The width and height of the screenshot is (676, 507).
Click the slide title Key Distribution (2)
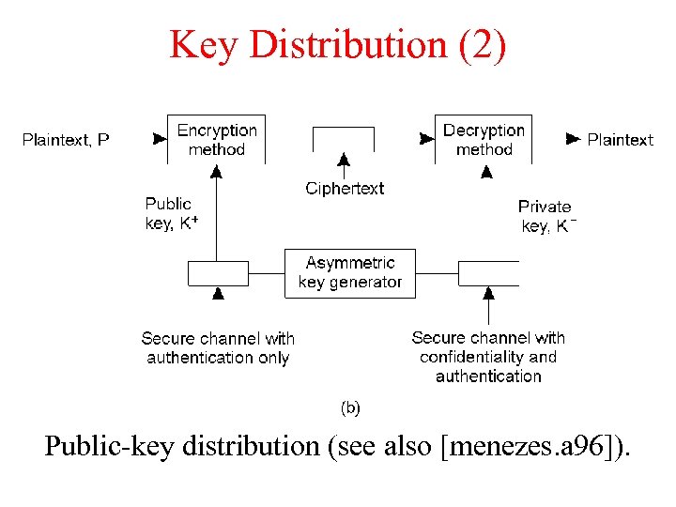tap(338, 44)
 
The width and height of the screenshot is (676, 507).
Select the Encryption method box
tap(216, 139)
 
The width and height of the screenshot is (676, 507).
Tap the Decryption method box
tap(484, 139)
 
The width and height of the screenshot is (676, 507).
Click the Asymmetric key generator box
tap(350, 272)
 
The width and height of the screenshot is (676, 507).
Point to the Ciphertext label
tap(345, 189)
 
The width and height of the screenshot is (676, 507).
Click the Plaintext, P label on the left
tap(66, 140)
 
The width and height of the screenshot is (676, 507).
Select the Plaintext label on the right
tap(620, 140)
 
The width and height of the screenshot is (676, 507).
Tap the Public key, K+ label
tap(171, 213)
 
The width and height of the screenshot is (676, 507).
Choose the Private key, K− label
tap(546, 216)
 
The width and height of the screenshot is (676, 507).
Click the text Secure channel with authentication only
tap(218, 347)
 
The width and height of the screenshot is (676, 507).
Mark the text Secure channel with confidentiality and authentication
tap(488, 357)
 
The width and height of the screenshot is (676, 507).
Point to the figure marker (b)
tap(349, 407)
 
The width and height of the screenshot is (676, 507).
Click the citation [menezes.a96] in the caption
tap(534, 446)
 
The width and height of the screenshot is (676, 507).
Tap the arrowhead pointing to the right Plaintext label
tap(573, 139)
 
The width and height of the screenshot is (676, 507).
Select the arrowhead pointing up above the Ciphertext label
tap(345, 160)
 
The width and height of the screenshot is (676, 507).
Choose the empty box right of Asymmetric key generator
tap(488, 273)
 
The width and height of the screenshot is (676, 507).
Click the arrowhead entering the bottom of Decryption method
tap(486, 172)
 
